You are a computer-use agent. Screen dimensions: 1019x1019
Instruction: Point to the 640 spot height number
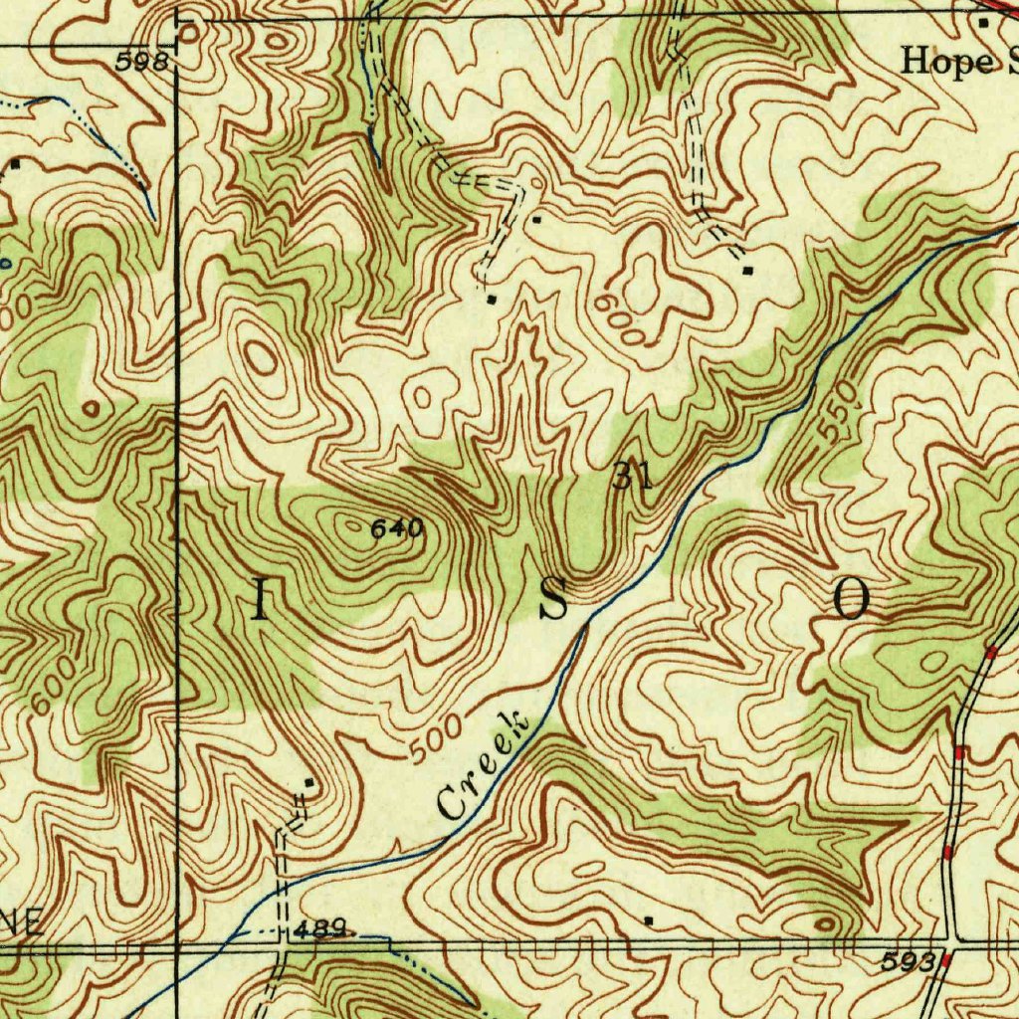point(397,529)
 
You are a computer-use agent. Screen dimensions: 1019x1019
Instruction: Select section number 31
point(633,477)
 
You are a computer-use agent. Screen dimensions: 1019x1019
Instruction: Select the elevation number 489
point(319,929)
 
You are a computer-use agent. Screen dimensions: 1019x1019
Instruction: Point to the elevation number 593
point(909,961)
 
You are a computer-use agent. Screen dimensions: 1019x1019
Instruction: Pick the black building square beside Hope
point(983,22)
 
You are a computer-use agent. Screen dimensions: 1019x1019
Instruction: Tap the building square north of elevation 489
point(309,784)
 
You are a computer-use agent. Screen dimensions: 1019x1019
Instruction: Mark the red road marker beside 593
point(946,961)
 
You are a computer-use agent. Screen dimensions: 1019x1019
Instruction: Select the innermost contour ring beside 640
point(350,524)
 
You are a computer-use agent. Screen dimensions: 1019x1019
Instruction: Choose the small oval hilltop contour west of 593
point(825,924)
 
